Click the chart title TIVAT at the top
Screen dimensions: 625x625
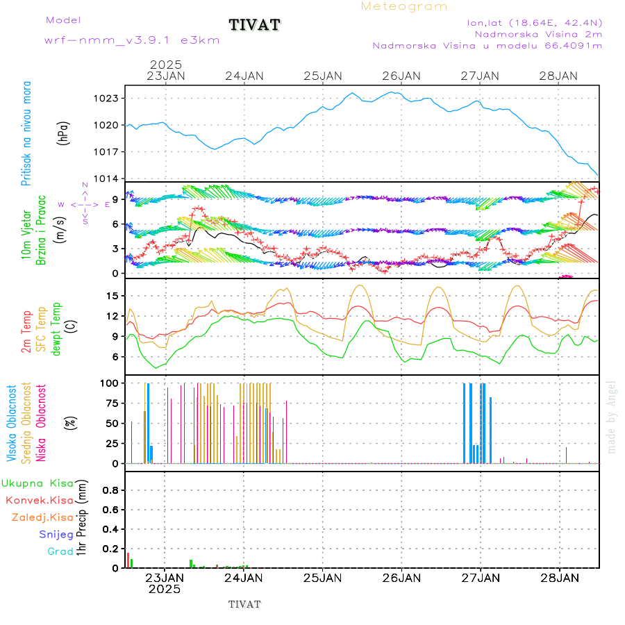[254, 25]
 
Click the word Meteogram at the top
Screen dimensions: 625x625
[404, 6]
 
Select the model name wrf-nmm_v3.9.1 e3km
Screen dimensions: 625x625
[132, 40]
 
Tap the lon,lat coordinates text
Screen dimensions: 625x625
[535, 22]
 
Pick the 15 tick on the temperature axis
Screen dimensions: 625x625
[114, 296]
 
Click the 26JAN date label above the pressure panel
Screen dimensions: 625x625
[401, 76]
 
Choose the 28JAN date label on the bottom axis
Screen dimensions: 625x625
[559, 578]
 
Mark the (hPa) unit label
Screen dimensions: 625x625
[64, 133]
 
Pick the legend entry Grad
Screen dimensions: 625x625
[60, 551]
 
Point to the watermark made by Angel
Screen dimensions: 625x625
[612, 417]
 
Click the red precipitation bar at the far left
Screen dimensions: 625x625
[128, 560]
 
